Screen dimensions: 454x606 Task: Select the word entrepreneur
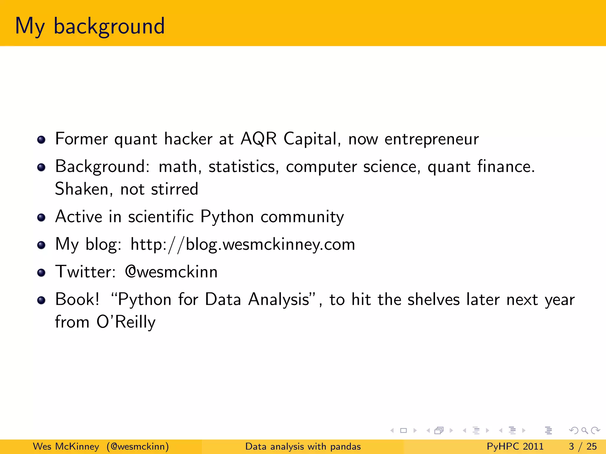click(431, 139)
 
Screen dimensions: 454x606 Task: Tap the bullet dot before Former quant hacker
click(41, 140)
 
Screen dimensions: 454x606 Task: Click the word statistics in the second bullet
click(244, 166)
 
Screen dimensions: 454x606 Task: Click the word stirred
click(174, 189)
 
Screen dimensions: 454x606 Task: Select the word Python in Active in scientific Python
click(227, 217)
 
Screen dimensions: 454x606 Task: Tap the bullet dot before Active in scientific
click(41, 218)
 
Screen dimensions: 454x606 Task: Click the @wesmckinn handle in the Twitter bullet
click(171, 272)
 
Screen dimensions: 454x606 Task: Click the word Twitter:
click(85, 272)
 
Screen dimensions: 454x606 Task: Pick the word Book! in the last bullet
click(77, 299)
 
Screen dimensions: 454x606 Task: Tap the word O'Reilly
click(126, 322)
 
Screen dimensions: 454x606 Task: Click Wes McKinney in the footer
click(66, 446)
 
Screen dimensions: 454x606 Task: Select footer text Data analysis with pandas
click(303, 446)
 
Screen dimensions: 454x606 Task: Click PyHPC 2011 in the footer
click(515, 446)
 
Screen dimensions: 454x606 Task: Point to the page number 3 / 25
click(583, 446)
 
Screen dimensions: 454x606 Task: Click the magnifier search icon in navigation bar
click(584, 430)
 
